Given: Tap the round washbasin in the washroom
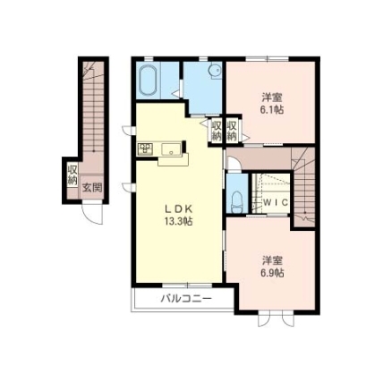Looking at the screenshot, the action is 215,71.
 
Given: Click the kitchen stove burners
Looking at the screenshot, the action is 145,149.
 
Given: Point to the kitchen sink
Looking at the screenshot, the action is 171,149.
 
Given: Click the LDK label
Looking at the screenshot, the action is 178,209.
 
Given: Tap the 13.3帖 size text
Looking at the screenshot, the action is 178,221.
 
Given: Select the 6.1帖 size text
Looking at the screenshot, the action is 271,110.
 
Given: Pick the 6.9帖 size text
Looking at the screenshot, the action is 271,273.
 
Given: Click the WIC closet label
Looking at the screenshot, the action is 276,202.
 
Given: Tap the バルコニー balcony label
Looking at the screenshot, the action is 186,298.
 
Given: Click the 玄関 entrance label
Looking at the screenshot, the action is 92,188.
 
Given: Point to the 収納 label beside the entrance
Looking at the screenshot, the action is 72,174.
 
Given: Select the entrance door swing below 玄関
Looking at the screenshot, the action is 93,213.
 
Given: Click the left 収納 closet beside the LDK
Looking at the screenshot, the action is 217,131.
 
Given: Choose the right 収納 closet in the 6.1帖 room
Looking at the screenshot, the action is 232,131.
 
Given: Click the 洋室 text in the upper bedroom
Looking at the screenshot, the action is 272,98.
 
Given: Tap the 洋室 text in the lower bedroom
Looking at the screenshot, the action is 272,260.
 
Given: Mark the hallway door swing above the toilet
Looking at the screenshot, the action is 234,164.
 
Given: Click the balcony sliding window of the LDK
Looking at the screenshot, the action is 187,285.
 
